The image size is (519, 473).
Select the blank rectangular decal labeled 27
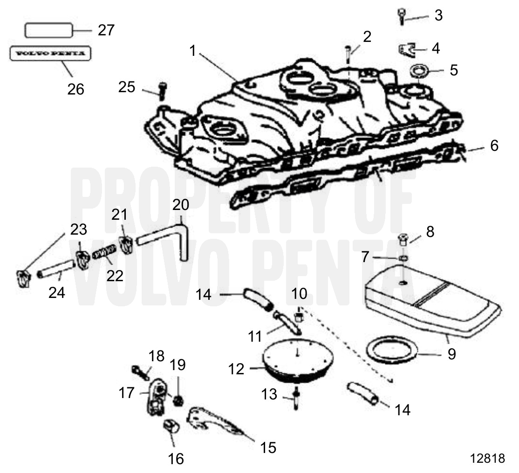[x=49, y=31]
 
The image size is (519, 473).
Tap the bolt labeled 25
[x=161, y=90]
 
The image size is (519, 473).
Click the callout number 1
[x=193, y=50]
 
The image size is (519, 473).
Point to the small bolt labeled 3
[x=400, y=16]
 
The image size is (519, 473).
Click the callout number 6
[x=494, y=146]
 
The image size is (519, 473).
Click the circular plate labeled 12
[x=297, y=358]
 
